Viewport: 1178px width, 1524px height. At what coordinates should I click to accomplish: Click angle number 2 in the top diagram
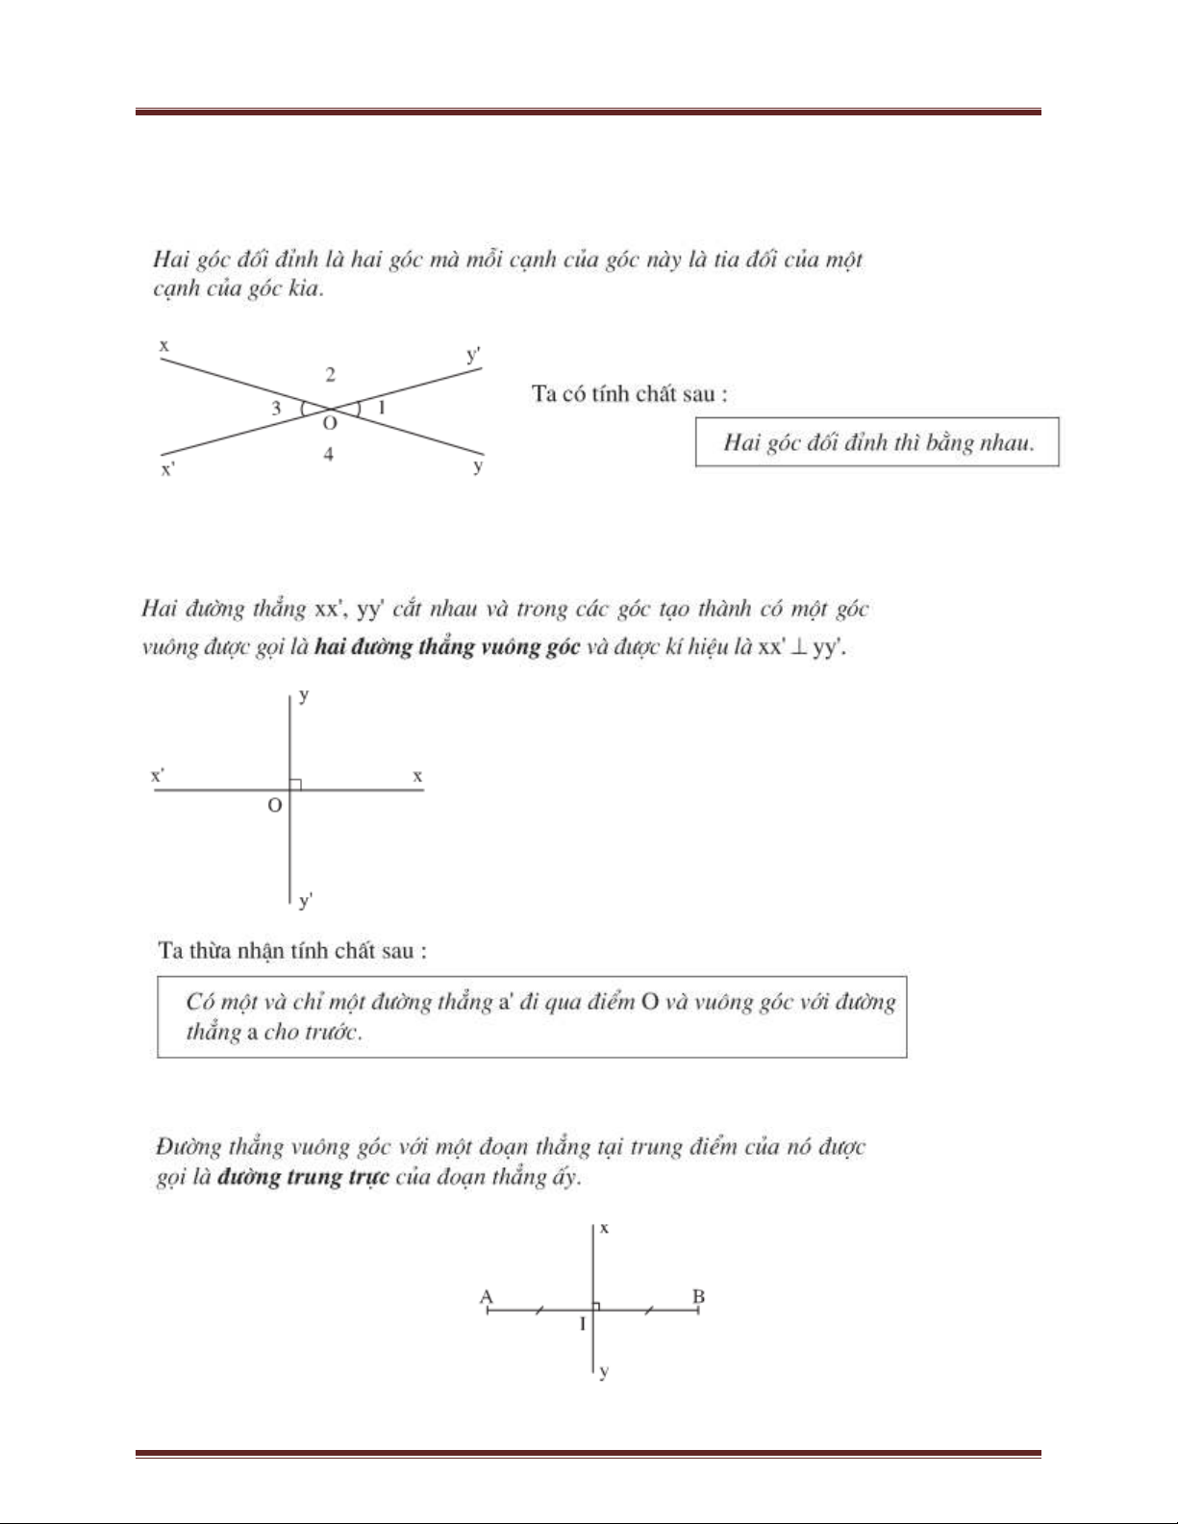click(x=330, y=375)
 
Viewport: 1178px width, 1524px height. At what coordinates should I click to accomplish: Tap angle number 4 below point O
click(x=328, y=454)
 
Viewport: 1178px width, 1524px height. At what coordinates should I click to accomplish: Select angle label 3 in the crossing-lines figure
click(x=276, y=408)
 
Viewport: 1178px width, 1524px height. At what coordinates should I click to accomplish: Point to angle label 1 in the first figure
click(x=382, y=408)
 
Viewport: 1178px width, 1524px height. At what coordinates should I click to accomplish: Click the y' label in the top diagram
click(x=473, y=356)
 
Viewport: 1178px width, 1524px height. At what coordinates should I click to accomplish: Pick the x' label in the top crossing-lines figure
click(x=168, y=470)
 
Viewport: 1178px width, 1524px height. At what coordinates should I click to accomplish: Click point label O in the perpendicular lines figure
click(x=275, y=806)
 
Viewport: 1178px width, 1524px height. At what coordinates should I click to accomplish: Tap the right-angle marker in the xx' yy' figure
click(x=295, y=785)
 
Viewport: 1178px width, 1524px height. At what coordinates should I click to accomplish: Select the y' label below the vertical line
click(x=306, y=901)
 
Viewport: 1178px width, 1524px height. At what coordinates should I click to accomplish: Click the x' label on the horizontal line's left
click(x=157, y=775)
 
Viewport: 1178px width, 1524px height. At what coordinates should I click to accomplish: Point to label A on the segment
click(x=487, y=1296)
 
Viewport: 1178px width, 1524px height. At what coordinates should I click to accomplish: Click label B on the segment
click(x=699, y=1296)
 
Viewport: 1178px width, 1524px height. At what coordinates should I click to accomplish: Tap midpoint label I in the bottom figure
click(x=583, y=1324)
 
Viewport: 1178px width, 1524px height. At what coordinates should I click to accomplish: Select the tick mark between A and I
click(x=539, y=1309)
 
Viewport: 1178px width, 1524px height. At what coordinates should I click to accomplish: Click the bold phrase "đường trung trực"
click(x=303, y=1177)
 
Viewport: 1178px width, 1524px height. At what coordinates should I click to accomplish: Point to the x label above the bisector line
click(x=604, y=1228)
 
